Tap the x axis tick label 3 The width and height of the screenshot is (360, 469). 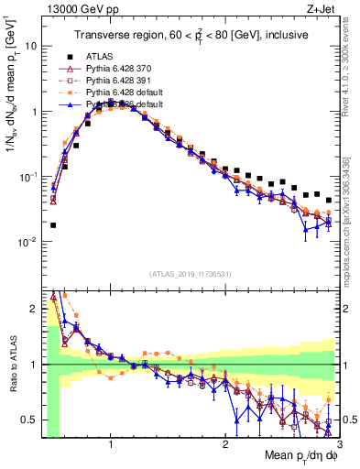pos(338,443)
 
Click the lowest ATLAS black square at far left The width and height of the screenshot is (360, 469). pos(53,225)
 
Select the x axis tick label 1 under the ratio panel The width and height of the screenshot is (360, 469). pos(111,443)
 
